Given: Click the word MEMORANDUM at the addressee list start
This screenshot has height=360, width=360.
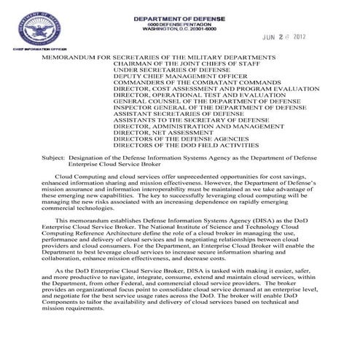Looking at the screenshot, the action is pyautogui.click(x=72, y=56).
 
